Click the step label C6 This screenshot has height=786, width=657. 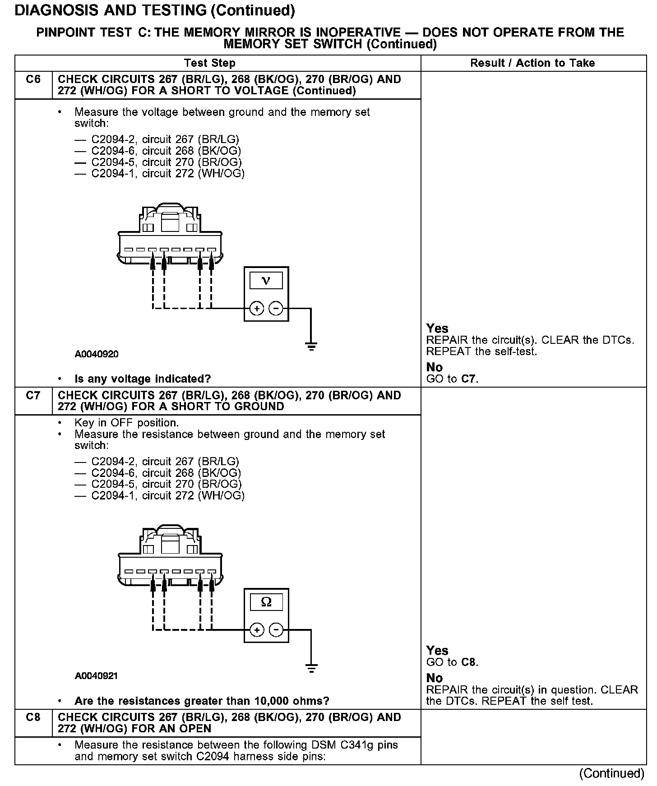point(33,79)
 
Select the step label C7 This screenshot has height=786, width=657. point(33,395)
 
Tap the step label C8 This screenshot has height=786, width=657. point(33,717)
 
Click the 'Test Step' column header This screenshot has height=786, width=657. point(210,63)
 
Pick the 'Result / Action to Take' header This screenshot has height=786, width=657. point(532,63)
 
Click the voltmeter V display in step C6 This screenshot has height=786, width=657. point(266,281)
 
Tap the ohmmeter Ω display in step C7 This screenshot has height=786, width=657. point(266,602)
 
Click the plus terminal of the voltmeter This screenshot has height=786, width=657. point(256,309)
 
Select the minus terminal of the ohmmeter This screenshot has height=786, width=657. point(276,630)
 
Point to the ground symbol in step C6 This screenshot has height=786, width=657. point(311,347)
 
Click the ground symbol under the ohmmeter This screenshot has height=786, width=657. point(311,668)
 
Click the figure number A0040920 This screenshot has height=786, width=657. point(97,354)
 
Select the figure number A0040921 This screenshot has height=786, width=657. point(97,676)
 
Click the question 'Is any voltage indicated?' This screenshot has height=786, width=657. point(143,379)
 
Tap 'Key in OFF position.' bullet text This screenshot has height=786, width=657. point(126,423)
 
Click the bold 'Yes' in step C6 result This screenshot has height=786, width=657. point(437,328)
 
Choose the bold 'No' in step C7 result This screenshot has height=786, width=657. point(435,678)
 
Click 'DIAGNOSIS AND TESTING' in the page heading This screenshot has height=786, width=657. point(111,10)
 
